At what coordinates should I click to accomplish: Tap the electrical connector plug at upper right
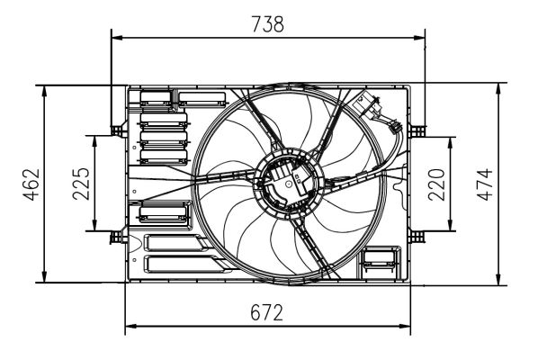click(370, 105)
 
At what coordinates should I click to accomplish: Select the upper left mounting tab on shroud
click(115, 130)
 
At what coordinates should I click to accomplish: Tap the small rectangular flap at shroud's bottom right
click(378, 264)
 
